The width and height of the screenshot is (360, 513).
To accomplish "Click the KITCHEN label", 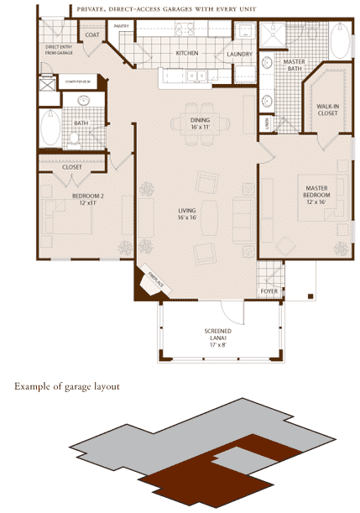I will point(186,53).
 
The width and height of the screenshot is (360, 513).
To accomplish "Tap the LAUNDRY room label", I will point(240,55).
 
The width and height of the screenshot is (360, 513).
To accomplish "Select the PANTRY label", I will point(123,26).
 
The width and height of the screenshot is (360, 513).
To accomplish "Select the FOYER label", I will point(269,292).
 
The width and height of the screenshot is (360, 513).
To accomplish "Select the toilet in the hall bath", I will point(83,102).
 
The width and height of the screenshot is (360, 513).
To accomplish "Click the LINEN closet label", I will point(266,123).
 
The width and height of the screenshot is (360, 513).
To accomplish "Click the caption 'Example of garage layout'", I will point(66,387).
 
